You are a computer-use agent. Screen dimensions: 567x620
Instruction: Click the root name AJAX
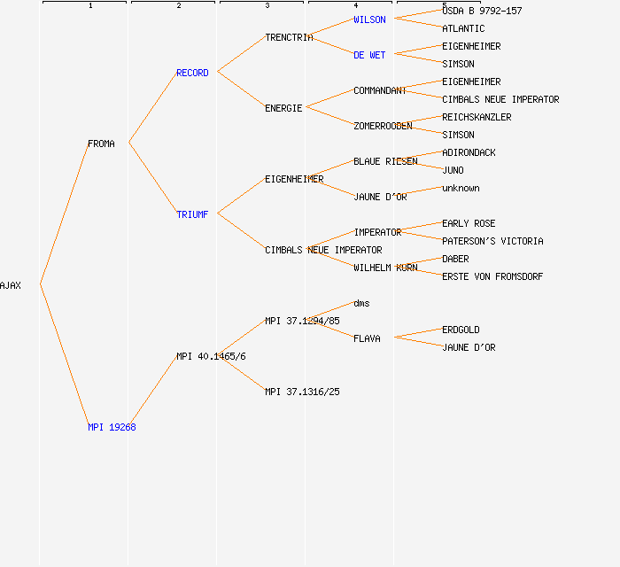coord(11,285)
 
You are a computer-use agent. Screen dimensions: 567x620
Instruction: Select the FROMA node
coord(101,144)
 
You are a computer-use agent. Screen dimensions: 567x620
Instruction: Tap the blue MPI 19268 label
coord(112,427)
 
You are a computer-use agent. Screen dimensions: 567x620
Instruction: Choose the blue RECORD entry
coord(192,73)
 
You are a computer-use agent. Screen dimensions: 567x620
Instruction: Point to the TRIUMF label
coord(192,214)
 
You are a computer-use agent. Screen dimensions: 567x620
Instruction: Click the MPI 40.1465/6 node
coord(211,356)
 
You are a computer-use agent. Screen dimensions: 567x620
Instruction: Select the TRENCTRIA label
coord(289,37)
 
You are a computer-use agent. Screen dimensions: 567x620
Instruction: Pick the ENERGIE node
coord(283,108)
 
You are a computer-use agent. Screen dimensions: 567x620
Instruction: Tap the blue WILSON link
coord(369,19)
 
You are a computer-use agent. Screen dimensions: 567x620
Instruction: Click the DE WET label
coord(369,55)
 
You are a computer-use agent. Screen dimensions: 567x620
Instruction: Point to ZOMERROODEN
coord(383,126)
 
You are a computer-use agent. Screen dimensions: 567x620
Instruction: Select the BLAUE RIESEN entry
coord(385,161)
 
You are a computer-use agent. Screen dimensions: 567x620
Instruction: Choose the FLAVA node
coord(367,338)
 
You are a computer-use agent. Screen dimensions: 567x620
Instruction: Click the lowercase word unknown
coord(461,188)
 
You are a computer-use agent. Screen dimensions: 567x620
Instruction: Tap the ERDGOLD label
coord(461,330)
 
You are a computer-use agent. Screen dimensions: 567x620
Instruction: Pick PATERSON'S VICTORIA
coord(492,241)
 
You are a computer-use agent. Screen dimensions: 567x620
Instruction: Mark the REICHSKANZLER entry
coord(477,117)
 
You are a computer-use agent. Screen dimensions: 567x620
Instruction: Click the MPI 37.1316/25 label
coord(302,392)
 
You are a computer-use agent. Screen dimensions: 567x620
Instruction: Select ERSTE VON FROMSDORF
coord(492,276)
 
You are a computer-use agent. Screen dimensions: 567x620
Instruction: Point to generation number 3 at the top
coord(267,6)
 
